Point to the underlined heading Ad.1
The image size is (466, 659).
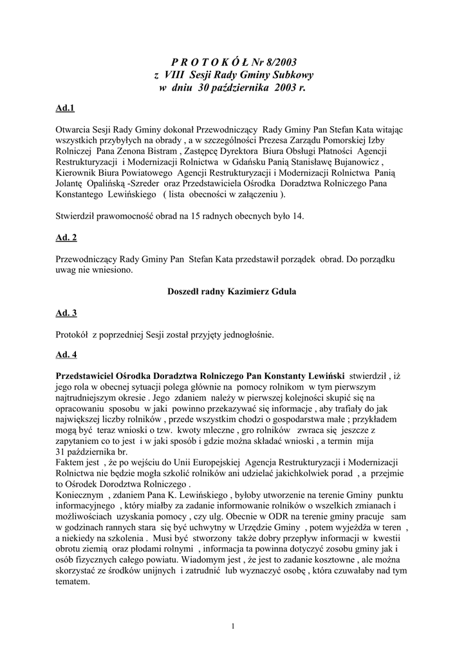click(x=66, y=107)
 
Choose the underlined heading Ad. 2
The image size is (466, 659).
click(x=67, y=237)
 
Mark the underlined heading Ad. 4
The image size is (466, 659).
click(x=67, y=355)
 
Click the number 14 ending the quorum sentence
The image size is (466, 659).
click(x=297, y=216)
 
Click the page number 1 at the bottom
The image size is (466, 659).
click(x=233, y=626)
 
